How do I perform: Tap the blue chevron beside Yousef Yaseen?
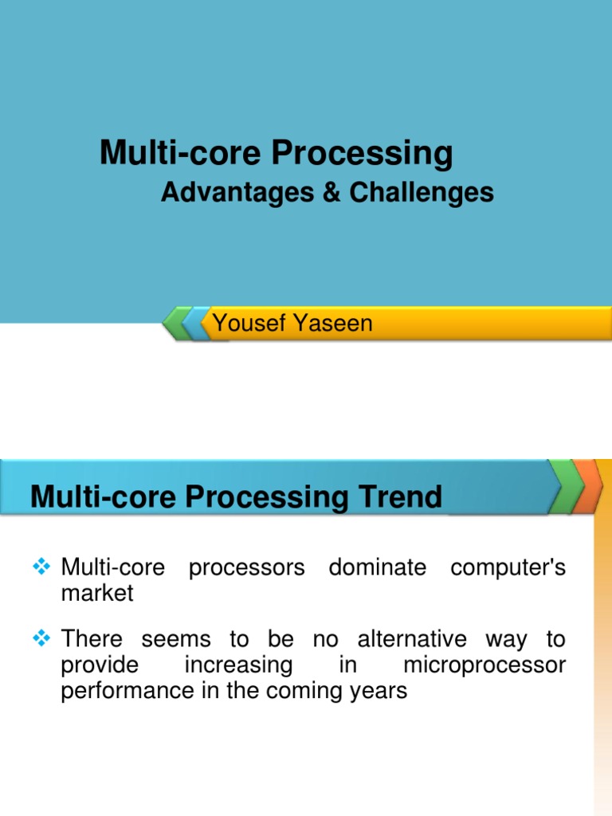pos(196,324)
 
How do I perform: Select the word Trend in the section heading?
pos(404,497)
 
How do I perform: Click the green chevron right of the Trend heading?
pos(566,485)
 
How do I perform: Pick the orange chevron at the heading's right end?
pos(590,485)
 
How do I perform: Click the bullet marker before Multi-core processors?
pos(42,568)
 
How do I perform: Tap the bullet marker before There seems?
pos(42,639)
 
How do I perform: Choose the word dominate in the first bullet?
pos(379,568)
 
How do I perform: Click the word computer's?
pos(508,568)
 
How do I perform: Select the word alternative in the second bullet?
pos(412,639)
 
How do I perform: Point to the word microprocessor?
pos(484,665)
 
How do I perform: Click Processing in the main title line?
pos(362,153)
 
